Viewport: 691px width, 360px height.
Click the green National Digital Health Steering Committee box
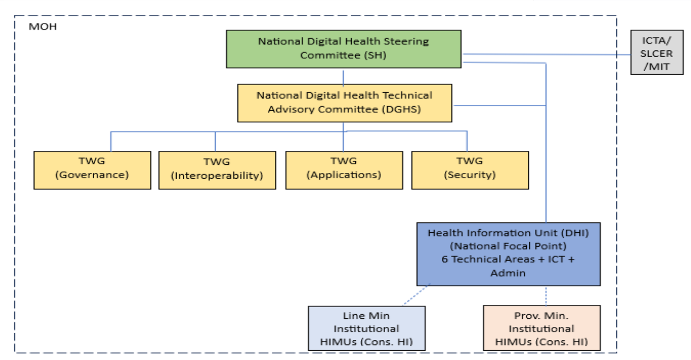(x=343, y=49)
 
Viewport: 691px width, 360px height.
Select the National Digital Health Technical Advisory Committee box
(x=344, y=103)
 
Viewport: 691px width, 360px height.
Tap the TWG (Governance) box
(x=92, y=170)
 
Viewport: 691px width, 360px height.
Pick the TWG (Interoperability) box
(x=217, y=170)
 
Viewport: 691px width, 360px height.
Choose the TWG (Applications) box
(x=344, y=170)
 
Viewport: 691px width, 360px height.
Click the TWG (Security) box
(x=470, y=170)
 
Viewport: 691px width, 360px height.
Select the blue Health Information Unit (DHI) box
(x=508, y=253)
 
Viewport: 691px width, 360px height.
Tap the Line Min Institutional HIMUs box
(x=366, y=329)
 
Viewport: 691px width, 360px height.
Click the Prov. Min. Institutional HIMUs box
(x=541, y=329)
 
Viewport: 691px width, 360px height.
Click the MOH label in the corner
(x=43, y=27)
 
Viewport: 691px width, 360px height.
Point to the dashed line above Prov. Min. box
(x=545, y=296)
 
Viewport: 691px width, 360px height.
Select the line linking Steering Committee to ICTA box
(x=546, y=54)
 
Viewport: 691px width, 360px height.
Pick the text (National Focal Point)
(x=508, y=246)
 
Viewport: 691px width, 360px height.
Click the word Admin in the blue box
(x=508, y=272)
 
